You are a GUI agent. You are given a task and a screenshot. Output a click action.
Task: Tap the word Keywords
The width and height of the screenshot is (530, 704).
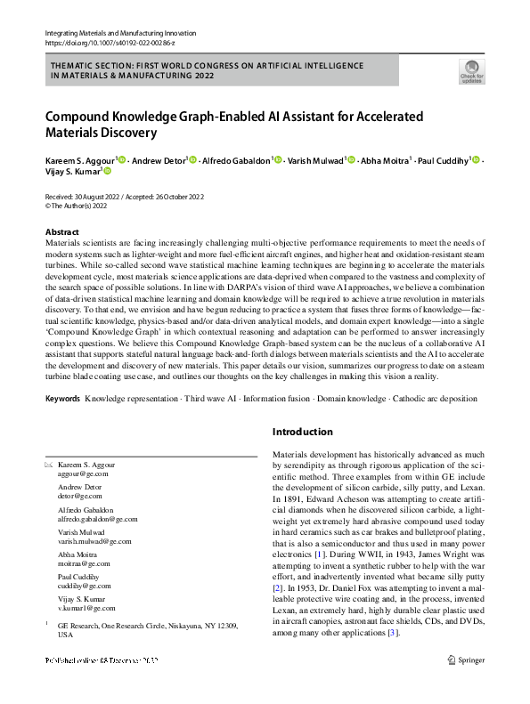pos(63,398)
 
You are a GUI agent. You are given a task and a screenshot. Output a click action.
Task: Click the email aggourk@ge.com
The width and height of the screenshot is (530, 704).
pos(83,476)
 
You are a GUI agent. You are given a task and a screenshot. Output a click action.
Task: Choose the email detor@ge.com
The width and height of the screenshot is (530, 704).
pos(78,498)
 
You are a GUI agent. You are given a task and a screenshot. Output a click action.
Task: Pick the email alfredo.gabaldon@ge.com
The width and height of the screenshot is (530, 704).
pos(98,519)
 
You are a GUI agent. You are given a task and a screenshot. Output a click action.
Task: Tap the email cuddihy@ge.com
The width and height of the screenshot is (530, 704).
pos(85,586)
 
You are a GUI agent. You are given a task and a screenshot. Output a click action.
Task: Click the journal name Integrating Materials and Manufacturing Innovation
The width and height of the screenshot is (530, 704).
pos(119,34)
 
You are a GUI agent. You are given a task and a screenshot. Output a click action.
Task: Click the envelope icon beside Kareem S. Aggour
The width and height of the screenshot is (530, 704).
pos(49,465)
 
